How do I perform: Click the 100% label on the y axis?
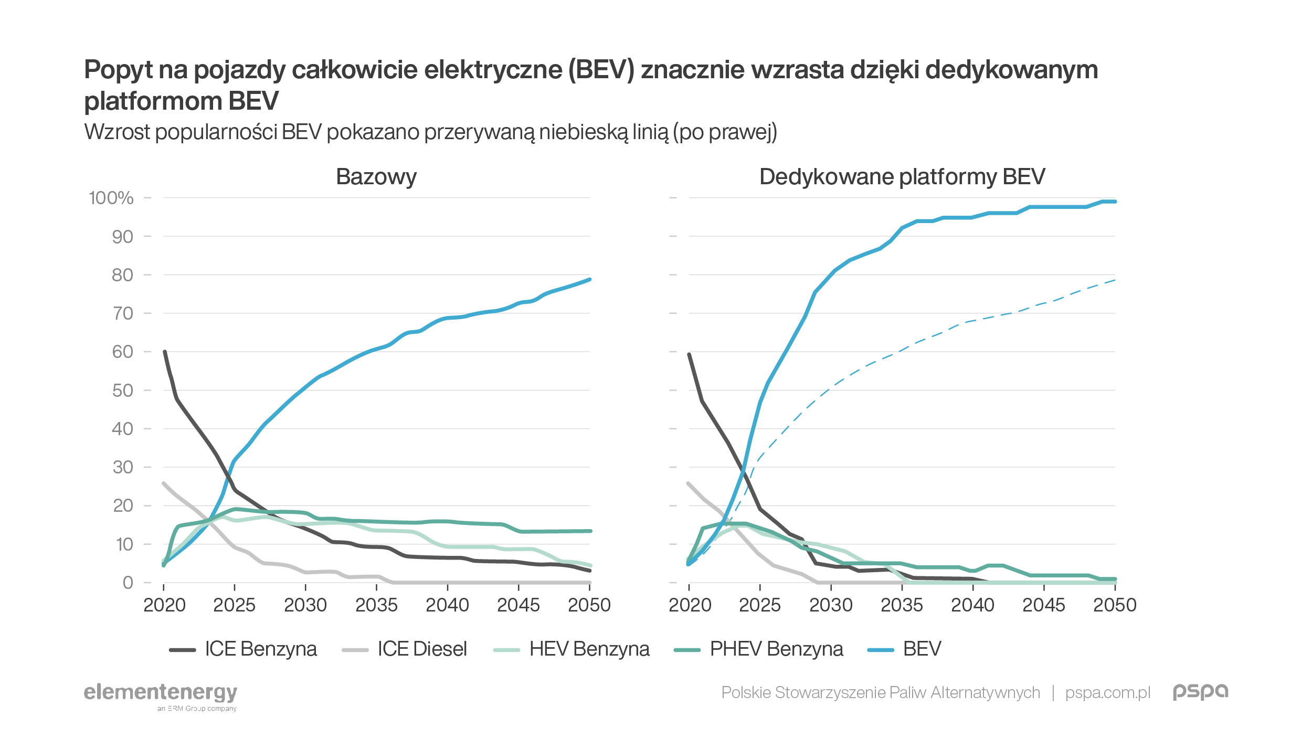click(111, 198)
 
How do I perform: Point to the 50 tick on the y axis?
click(123, 391)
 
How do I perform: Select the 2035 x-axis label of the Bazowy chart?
click(376, 605)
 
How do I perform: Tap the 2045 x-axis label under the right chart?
click(1043, 605)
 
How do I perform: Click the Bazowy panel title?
click(376, 177)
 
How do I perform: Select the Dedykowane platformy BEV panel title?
click(902, 177)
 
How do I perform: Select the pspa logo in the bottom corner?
click(1200, 691)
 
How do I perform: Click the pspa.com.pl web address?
click(1107, 693)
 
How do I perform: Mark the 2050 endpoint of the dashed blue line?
click(1115, 280)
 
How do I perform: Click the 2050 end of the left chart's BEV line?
click(590, 280)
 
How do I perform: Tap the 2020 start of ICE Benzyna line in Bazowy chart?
click(165, 352)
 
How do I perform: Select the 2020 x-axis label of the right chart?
click(690, 605)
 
